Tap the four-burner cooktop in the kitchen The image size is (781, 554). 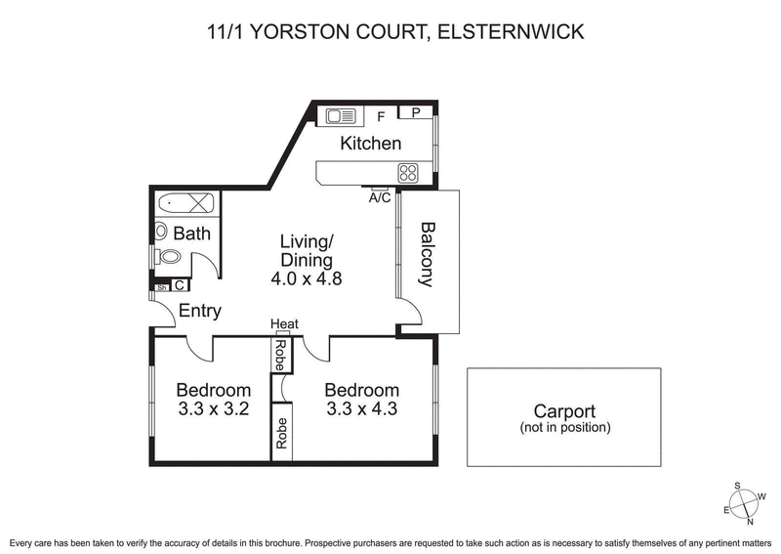(x=408, y=174)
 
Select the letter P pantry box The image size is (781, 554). (x=416, y=112)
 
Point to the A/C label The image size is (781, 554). (x=380, y=197)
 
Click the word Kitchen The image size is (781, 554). (x=370, y=144)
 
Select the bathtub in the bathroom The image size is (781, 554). (x=185, y=203)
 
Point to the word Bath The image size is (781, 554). (x=191, y=234)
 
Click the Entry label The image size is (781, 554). (x=199, y=312)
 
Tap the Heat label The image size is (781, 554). (x=284, y=324)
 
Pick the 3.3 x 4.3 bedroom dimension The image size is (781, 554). (x=361, y=409)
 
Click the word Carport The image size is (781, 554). (x=564, y=411)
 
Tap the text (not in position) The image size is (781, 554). (x=564, y=428)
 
